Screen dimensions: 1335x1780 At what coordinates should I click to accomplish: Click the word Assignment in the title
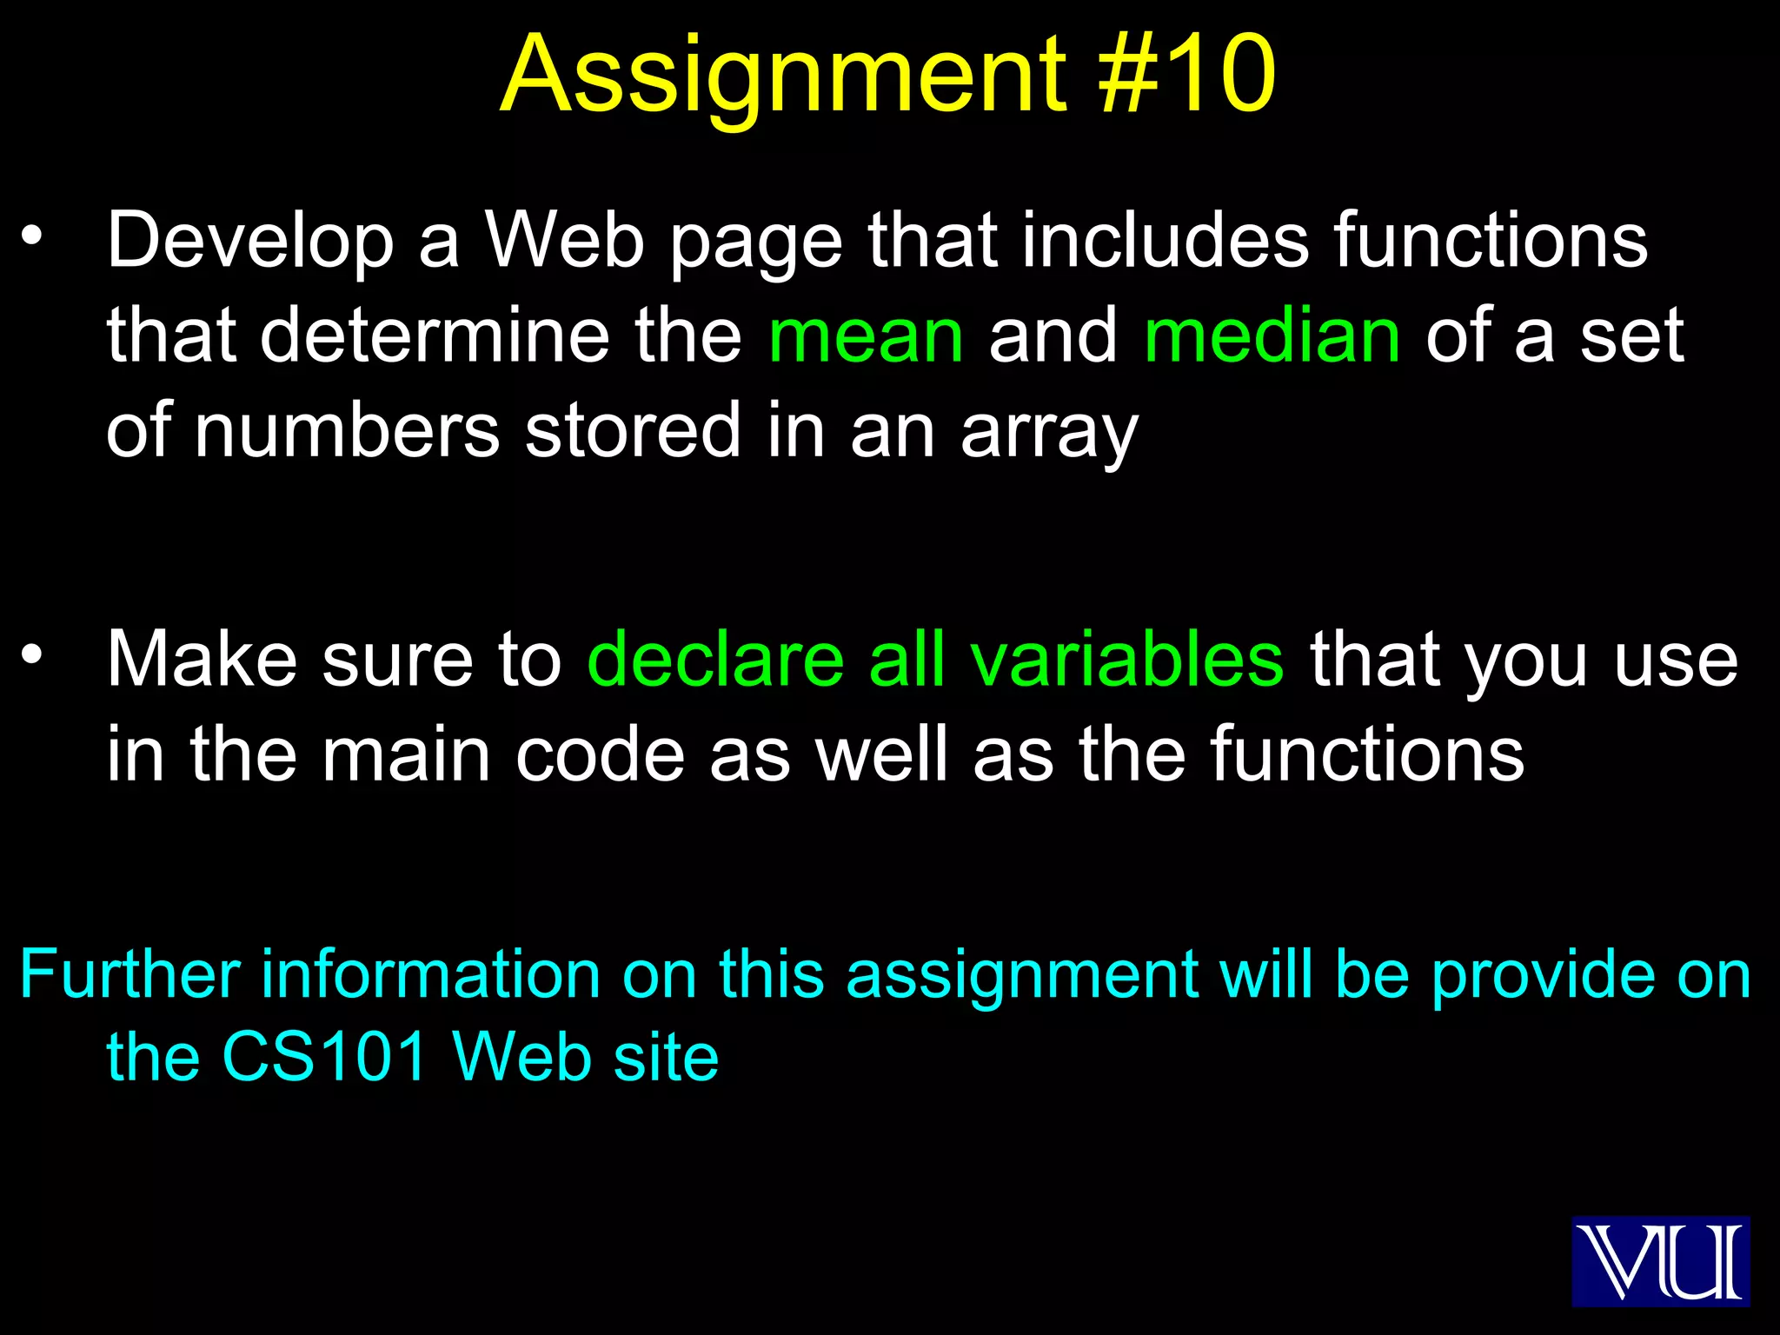point(782,76)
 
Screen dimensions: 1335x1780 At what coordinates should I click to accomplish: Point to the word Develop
point(250,242)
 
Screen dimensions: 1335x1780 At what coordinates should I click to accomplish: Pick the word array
point(1049,433)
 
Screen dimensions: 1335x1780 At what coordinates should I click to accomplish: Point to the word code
point(600,754)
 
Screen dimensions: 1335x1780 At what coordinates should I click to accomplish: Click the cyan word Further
point(130,974)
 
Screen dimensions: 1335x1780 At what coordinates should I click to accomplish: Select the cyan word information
point(431,974)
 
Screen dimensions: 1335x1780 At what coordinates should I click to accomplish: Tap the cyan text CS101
point(325,1057)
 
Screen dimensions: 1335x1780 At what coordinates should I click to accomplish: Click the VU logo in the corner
point(1660,1261)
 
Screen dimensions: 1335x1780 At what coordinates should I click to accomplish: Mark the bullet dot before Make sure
point(32,654)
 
